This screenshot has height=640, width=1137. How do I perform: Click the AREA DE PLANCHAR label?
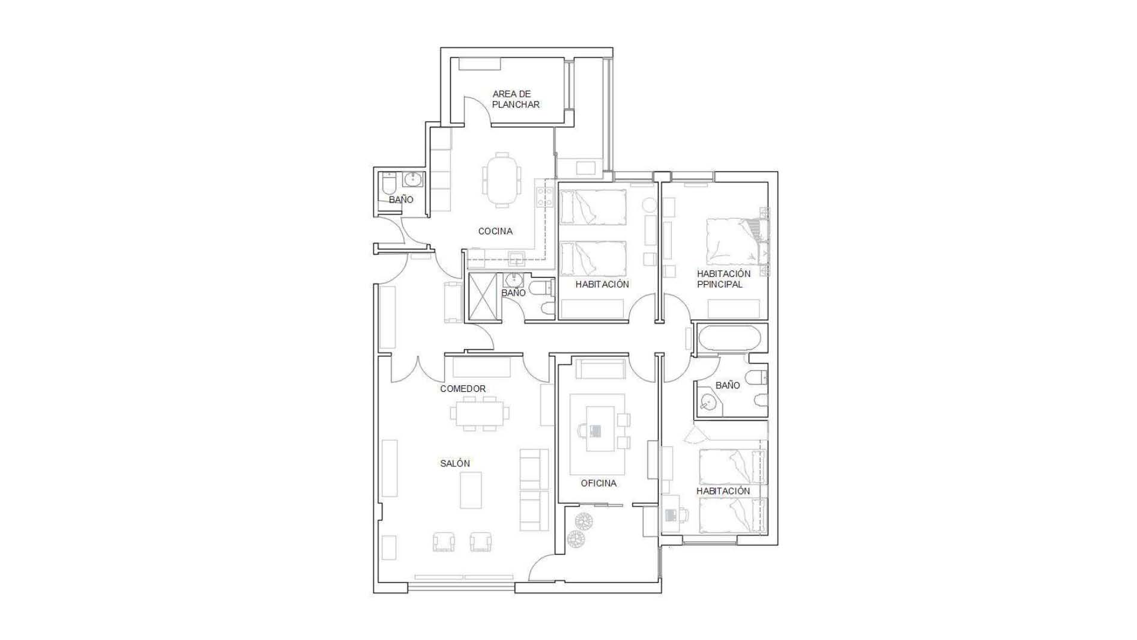pyautogui.click(x=516, y=99)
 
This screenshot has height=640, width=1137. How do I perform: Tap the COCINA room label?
pyautogui.click(x=495, y=231)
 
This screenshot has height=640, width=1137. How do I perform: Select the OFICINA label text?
pyautogui.click(x=599, y=483)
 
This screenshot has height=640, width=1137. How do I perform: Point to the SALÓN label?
pyautogui.click(x=455, y=463)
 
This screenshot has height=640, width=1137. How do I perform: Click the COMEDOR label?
pyautogui.click(x=463, y=389)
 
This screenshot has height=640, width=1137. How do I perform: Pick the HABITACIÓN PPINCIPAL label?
pyautogui.click(x=723, y=279)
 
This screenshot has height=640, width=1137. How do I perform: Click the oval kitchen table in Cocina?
pyautogui.click(x=501, y=179)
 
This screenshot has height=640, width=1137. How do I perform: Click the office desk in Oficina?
pyautogui.click(x=600, y=428)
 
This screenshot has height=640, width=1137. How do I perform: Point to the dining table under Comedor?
pyautogui.click(x=479, y=413)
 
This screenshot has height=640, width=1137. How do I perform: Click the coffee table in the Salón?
pyautogui.click(x=471, y=490)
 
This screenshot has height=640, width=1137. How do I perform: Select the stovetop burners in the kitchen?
pyautogui.click(x=545, y=196)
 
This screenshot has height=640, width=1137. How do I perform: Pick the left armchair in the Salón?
pyautogui.click(x=444, y=541)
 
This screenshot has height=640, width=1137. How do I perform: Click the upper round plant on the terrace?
pyautogui.click(x=584, y=521)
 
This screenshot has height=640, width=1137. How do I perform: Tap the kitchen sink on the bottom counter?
pyautogui.click(x=516, y=260)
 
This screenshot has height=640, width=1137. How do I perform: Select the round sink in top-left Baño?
pyautogui.click(x=412, y=178)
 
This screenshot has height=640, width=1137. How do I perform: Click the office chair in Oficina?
pyautogui.click(x=583, y=430)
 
